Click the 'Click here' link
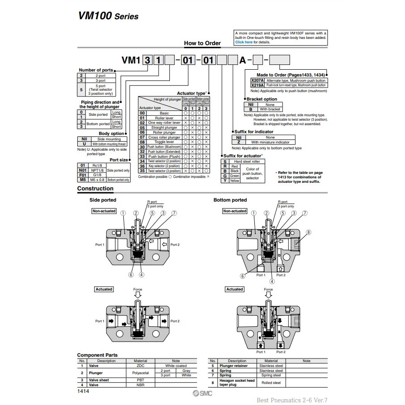pos(244,42)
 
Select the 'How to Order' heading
pos(202,43)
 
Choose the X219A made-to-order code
pos(257,85)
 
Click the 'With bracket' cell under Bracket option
pos(270,109)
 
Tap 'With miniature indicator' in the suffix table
pos(270,142)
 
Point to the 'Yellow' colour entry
pos(235,181)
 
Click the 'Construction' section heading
pos(95,189)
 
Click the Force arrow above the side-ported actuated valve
pos(138,295)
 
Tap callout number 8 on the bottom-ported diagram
pos(308,232)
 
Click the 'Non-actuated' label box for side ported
pos(104,211)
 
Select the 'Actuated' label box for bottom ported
pos(234,289)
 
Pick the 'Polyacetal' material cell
pos(140,373)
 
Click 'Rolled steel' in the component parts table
pos(271,383)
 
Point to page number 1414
pos(83,391)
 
